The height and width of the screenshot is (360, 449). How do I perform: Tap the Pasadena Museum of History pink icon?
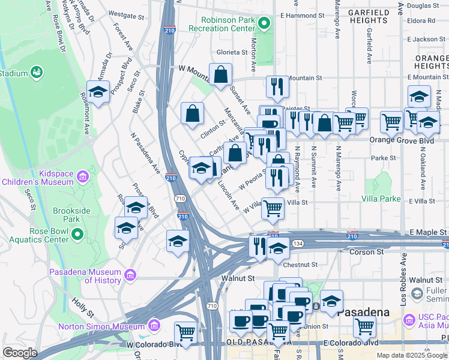pos(130,275)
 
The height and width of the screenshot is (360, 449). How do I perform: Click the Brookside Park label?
pos(75,215)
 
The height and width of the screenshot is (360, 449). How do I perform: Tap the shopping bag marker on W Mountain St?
pos(221,75)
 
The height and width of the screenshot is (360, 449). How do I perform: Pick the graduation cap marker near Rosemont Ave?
pos(97,92)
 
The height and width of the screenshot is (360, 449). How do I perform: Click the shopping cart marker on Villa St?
pos(273,209)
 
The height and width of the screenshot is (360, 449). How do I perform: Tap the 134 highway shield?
pos(298,242)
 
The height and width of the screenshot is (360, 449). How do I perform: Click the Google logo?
pos(20,353)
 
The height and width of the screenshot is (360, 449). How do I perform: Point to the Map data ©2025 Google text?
pos(412,355)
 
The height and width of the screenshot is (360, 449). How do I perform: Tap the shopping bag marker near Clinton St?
pos(192,113)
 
